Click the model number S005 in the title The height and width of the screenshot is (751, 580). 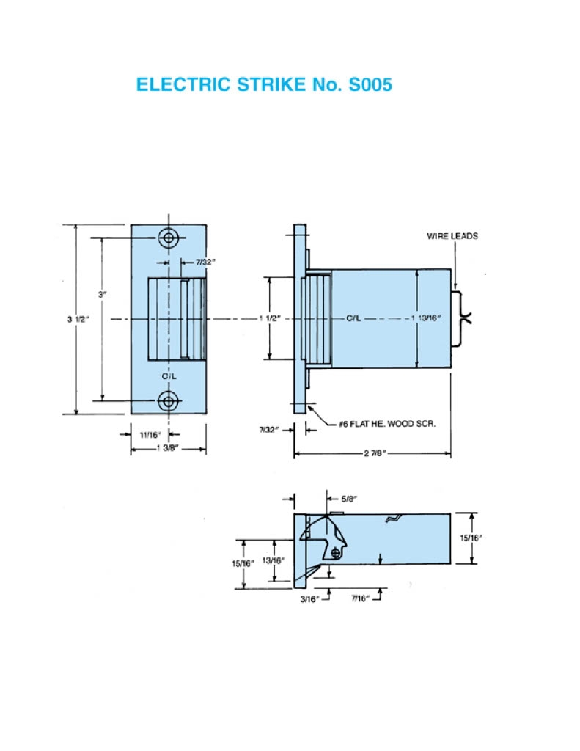pyautogui.click(x=366, y=84)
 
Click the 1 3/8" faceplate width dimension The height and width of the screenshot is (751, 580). pyautogui.click(x=168, y=447)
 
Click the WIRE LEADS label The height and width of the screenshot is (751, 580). pyautogui.click(x=452, y=236)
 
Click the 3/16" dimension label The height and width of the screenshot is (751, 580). pyautogui.click(x=309, y=598)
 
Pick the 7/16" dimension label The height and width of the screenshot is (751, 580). pyautogui.click(x=359, y=598)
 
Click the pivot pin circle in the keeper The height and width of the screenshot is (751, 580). pyautogui.click(x=335, y=551)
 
